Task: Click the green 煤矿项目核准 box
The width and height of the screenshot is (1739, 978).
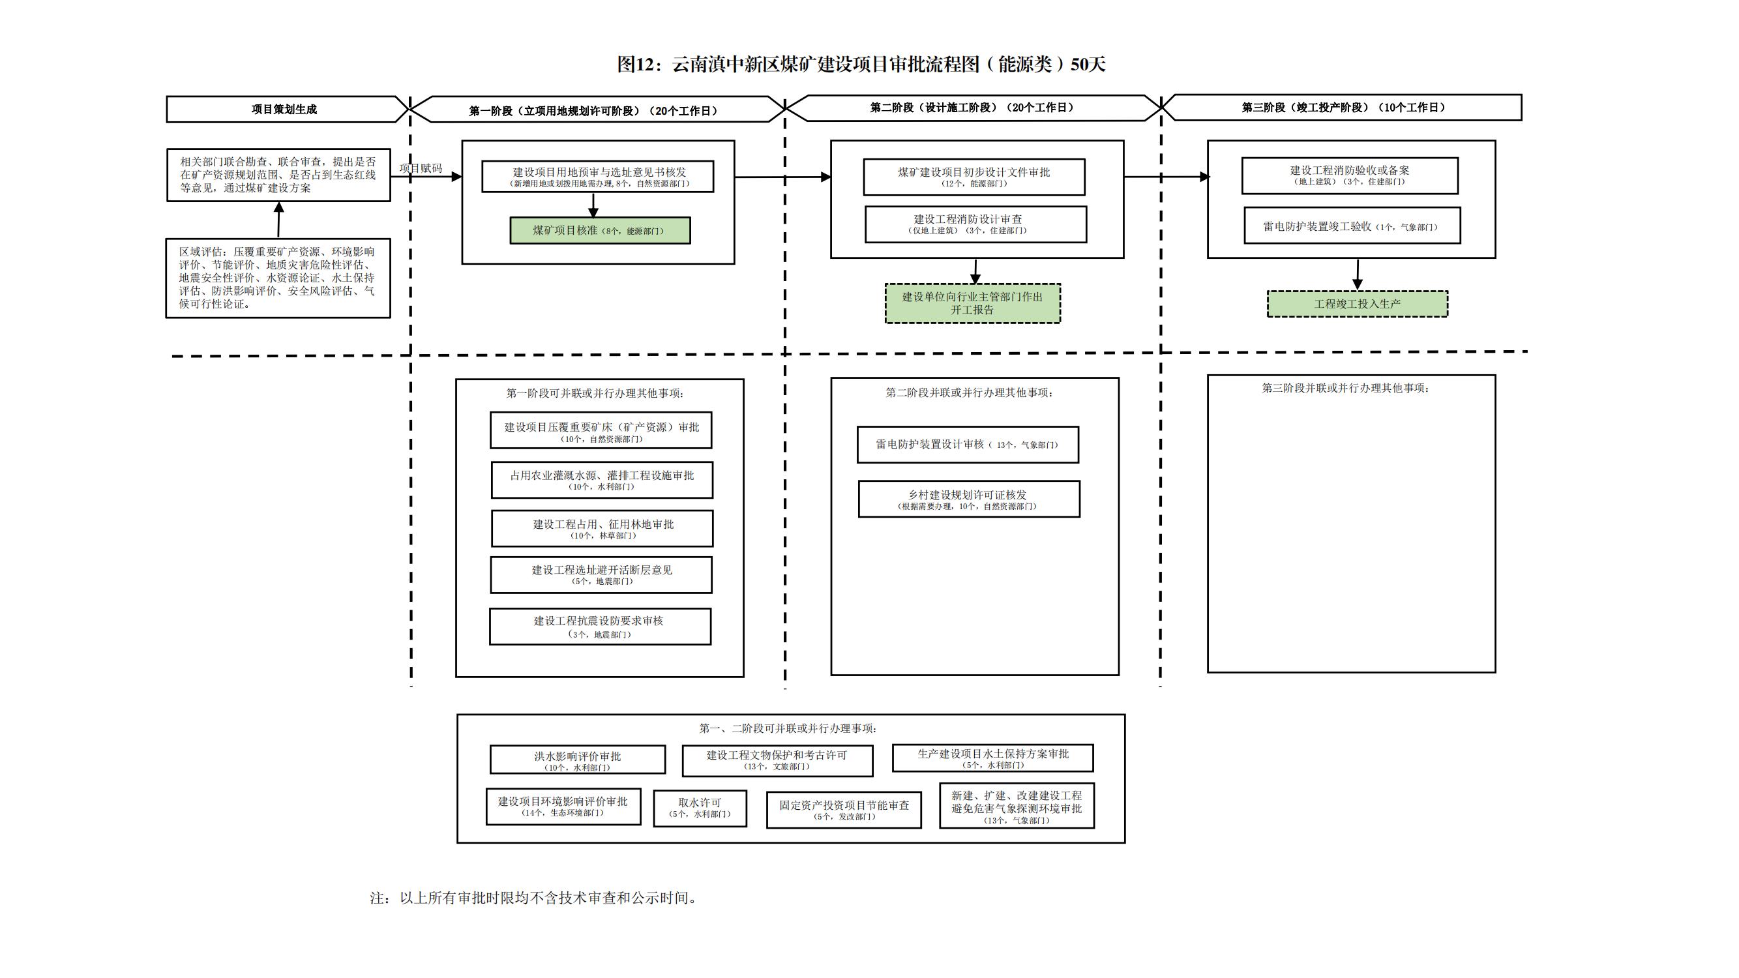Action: [x=599, y=230]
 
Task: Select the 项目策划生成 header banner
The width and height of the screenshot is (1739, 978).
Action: [x=284, y=110]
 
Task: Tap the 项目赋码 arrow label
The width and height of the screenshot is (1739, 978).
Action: [x=421, y=168]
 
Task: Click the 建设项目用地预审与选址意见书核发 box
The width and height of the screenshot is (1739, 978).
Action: [x=597, y=176]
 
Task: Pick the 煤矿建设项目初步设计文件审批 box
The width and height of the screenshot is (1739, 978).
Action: [x=974, y=177]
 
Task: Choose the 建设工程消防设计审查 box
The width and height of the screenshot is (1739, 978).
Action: [x=975, y=224]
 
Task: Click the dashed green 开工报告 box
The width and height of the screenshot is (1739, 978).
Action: [x=972, y=303]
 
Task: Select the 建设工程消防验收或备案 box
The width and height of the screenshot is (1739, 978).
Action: [x=1350, y=175]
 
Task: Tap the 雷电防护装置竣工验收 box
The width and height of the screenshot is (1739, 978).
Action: [x=1352, y=226]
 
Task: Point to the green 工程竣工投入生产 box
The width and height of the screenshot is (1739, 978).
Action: [x=1357, y=304]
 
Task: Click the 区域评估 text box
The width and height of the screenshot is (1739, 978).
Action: [x=278, y=277]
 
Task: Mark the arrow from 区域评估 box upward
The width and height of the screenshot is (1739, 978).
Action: [x=279, y=220]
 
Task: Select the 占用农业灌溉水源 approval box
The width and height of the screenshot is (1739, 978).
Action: [x=601, y=480]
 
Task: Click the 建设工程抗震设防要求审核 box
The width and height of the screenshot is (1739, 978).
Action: [x=599, y=627]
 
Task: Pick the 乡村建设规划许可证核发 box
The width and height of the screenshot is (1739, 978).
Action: [x=969, y=499]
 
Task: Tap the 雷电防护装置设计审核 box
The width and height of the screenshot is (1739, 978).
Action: [x=968, y=444]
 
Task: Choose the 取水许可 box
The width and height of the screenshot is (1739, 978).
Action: [x=700, y=808]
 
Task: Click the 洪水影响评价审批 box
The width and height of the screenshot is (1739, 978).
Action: [x=577, y=760]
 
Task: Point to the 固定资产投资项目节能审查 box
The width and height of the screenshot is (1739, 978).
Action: [x=844, y=810]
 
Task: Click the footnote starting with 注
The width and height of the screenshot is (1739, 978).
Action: [x=533, y=898]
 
